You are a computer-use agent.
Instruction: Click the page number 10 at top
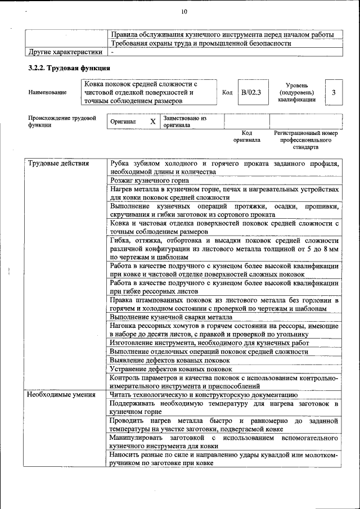coord(184,11)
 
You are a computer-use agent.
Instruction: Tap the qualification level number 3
coord(334,92)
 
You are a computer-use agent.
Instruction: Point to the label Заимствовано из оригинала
coord(186,122)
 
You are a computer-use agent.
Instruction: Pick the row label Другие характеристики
coord(65,52)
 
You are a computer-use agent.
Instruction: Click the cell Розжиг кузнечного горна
coord(149,181)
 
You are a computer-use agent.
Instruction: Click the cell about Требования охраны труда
coord(201,43)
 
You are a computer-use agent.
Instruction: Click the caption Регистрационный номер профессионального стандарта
coord(305,140)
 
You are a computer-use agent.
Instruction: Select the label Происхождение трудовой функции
coord(62,122)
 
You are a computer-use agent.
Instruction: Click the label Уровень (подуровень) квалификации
coord(296,92)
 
